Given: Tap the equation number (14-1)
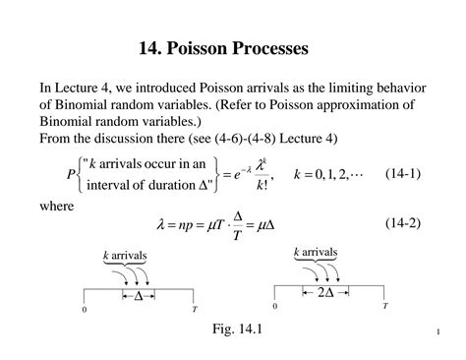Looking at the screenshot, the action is pyautogui.click(x=403, y=173).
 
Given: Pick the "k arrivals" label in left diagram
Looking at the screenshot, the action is pyautogui.click(x=125, y=257).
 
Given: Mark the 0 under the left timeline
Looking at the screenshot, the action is pyautogui.click(x=85, y=310).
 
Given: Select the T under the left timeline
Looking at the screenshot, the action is pyautogui.click(x=194, y=309).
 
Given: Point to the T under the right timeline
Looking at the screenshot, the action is pyautogui.click(x=384, y=307).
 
